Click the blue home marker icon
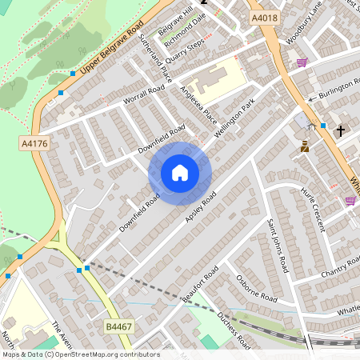180,173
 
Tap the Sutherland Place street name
155,58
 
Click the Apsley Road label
201,207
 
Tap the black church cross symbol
340,130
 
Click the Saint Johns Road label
278,246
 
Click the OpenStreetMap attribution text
80,354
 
